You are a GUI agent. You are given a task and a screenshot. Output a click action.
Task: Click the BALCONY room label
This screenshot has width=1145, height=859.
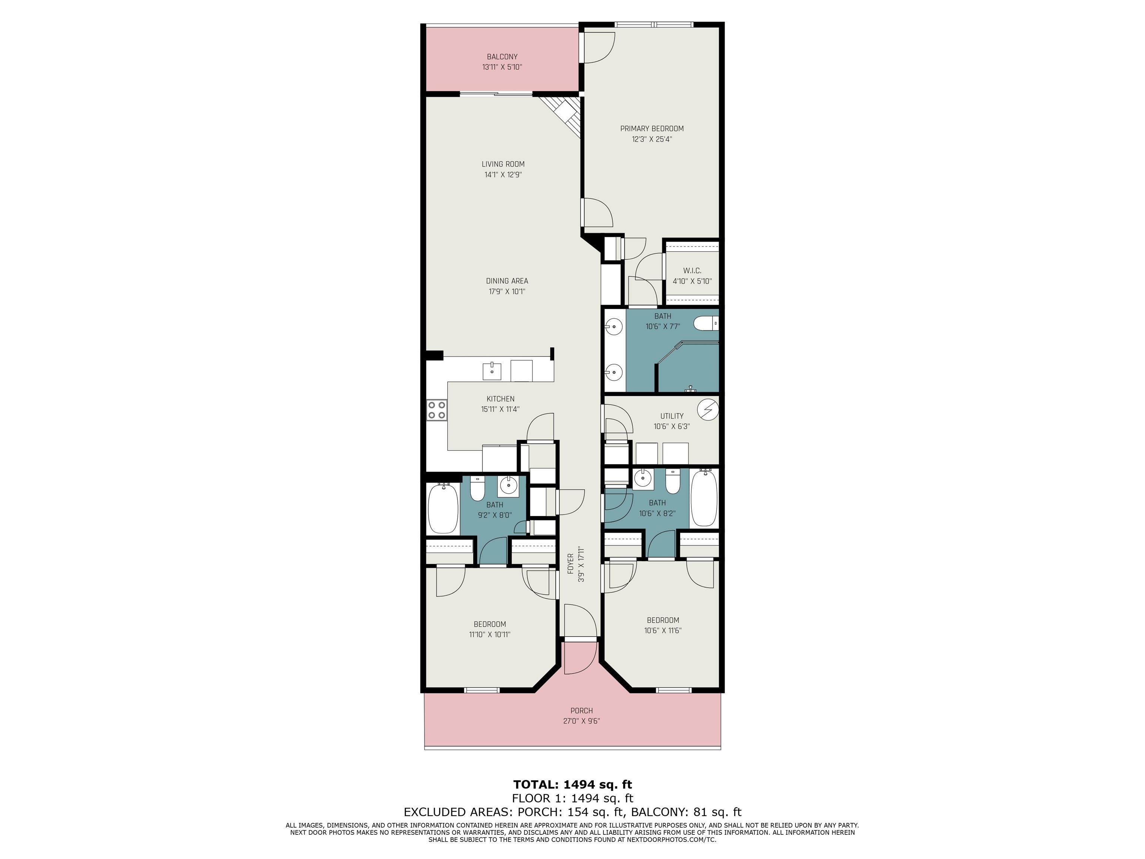(502, 56)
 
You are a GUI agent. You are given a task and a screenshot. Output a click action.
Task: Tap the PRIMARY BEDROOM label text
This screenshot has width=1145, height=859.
(652, 128)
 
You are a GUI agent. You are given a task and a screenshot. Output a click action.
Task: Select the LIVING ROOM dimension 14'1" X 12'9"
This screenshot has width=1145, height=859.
(503, 174)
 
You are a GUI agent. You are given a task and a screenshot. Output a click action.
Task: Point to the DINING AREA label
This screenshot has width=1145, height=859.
(507, 281)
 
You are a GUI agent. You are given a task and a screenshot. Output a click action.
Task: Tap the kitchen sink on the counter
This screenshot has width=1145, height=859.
(129, 371)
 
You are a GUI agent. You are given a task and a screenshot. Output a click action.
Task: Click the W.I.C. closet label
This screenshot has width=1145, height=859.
(692, 271)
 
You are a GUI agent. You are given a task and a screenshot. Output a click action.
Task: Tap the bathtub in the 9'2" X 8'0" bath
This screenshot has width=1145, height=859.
(443, 509)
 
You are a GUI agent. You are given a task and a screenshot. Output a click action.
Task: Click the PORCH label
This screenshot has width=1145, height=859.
(581, 710)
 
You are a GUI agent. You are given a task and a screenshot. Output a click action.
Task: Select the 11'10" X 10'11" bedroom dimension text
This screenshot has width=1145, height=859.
(490, 634)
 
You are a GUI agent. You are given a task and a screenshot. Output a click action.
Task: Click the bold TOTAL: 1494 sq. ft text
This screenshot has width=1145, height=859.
(572, 784)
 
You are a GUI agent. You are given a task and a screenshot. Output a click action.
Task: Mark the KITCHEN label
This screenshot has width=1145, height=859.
(500, 399)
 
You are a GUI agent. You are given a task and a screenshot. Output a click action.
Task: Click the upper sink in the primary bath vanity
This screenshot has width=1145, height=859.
(614, 327)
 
